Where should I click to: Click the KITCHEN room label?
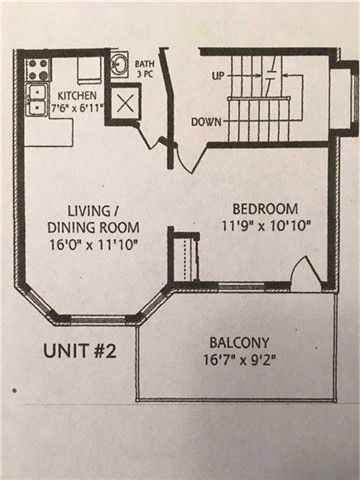coord(77,96)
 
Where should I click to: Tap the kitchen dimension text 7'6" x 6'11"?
coord(77,108)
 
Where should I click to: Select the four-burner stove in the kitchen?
coord(37,69)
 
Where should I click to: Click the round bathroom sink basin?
coord(118,64)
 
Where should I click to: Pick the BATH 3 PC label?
coord(145,69)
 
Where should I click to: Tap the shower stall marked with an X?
coord(124,103)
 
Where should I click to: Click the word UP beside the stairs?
coord(218,75)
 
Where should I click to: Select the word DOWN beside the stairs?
coord(206,122)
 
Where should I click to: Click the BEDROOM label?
coord(265,209)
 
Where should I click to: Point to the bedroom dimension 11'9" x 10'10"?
coord(266,226)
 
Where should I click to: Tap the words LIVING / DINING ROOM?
coord(93,219)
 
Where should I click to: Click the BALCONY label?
coord(239,343)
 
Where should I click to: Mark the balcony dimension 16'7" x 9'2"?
coord(239,360)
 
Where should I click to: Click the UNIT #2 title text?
coord(80,351)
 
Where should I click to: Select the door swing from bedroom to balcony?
coord(305,272)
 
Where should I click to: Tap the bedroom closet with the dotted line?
coord(184,258)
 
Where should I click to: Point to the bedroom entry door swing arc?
coord(189,159)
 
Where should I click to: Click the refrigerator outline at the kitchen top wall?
coord(89,69)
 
